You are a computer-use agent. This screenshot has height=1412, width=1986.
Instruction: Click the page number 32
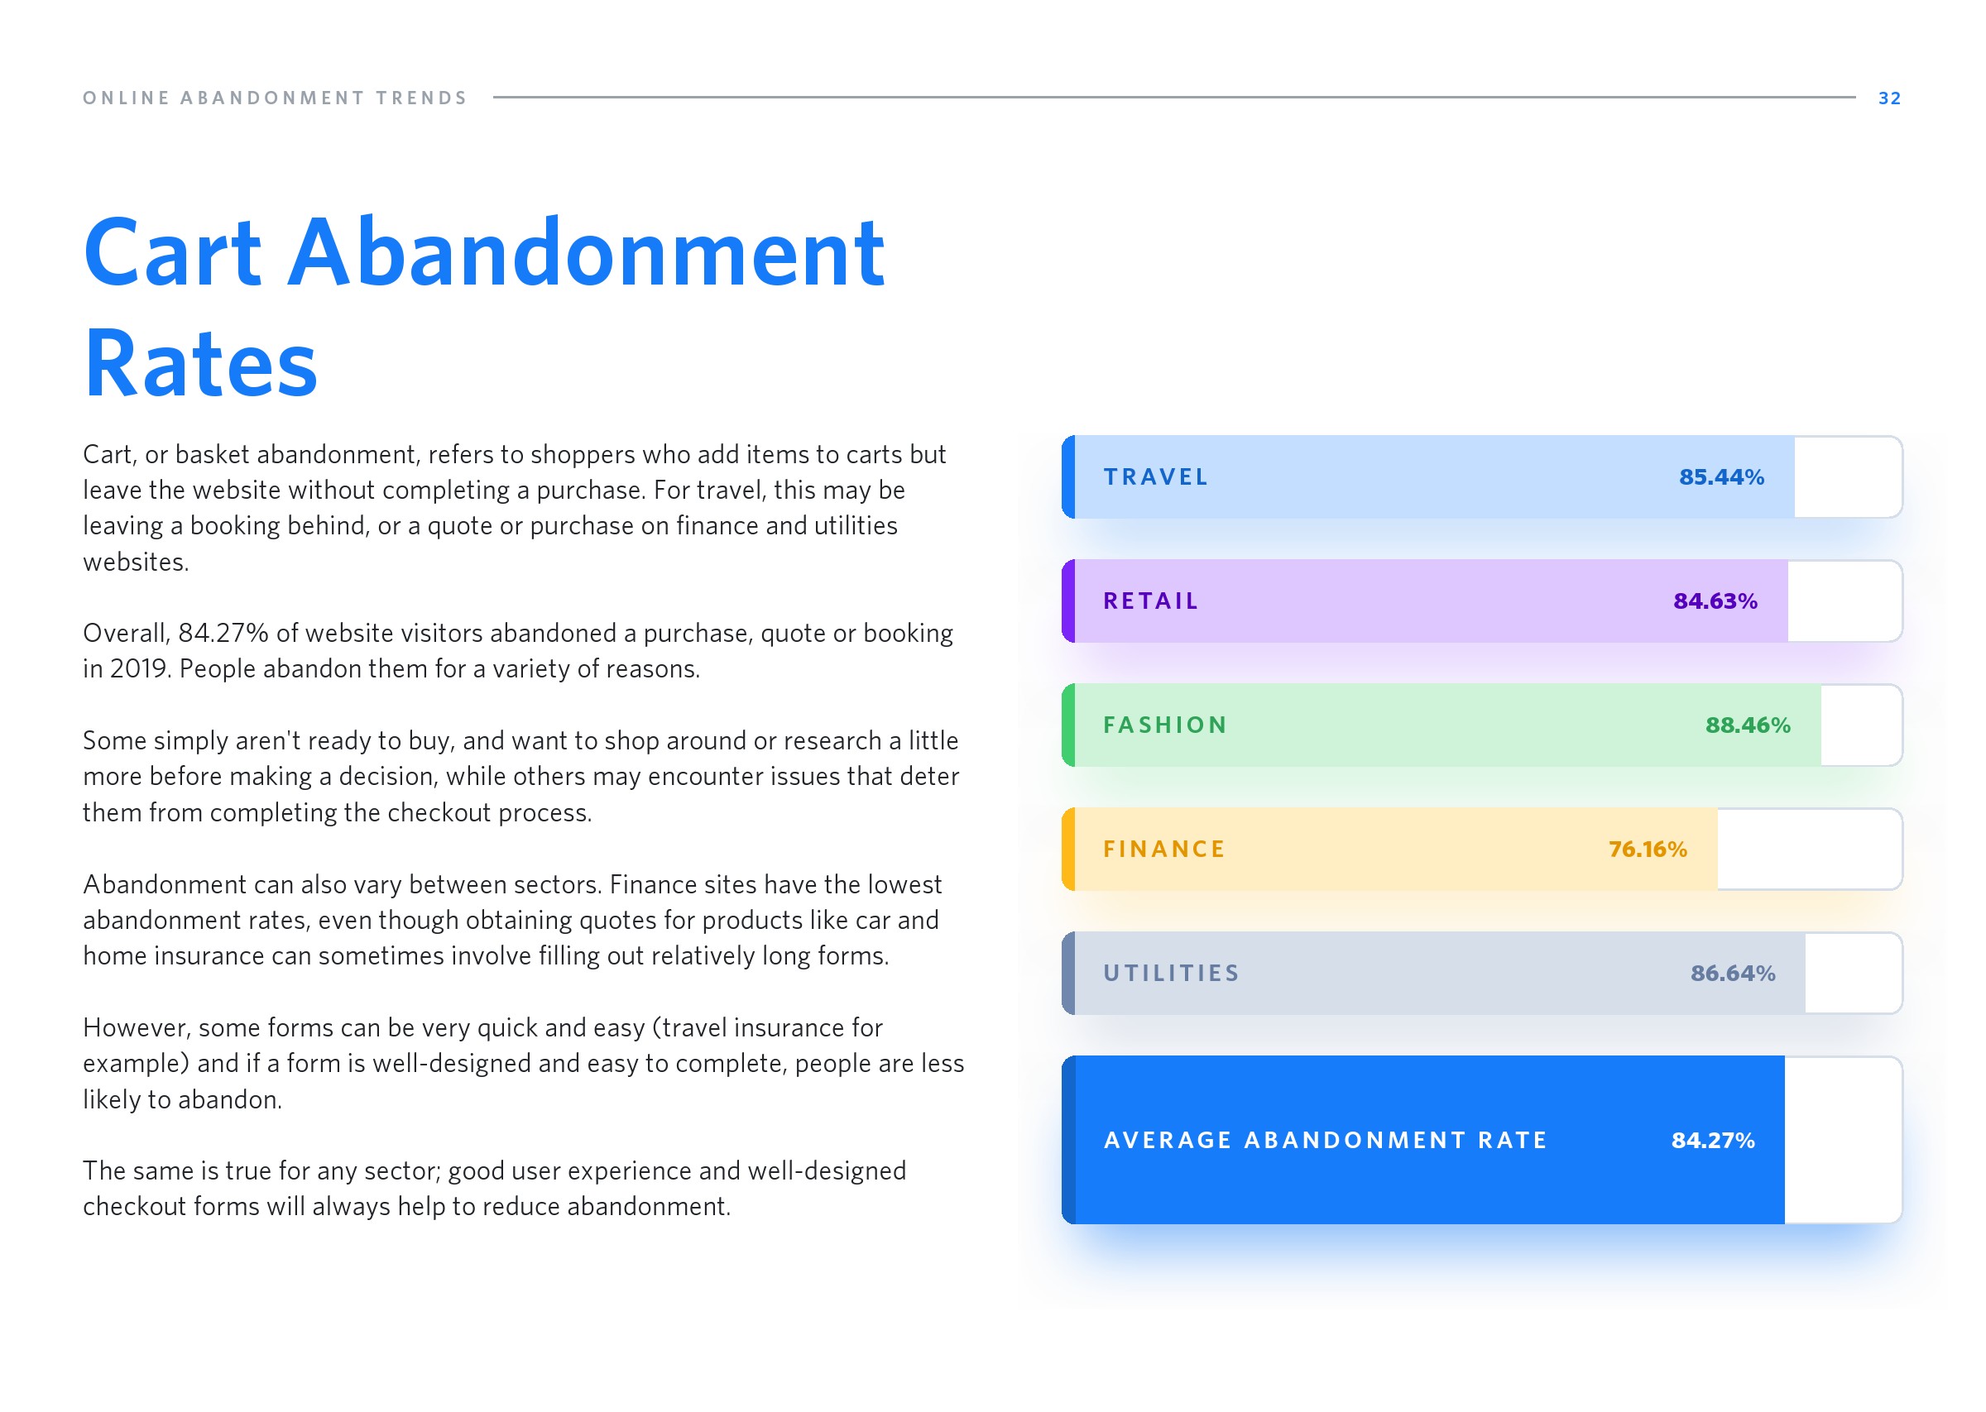point(1888,98)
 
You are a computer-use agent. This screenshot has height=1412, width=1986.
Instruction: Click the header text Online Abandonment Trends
point(276,98)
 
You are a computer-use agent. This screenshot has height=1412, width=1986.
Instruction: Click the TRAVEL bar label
point(1155,476)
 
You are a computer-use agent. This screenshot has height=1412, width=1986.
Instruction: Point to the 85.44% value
point(1721,476)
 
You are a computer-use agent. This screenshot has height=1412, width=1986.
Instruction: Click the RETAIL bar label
point(1150,601)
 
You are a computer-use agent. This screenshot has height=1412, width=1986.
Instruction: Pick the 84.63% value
point(1715,601)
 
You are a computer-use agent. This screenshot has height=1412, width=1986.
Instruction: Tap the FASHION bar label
point(1165,725)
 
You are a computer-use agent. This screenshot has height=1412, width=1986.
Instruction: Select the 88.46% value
point(1748,725)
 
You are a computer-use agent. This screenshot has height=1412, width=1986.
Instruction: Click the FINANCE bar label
point(1164,849)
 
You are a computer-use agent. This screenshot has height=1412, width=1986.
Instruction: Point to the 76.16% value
point(1647,849)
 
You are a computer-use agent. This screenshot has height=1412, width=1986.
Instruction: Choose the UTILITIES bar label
point(1171,973)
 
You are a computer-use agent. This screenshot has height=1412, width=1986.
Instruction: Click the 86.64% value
point(1732,973)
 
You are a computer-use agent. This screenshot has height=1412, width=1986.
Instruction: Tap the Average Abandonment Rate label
point(1325,1140)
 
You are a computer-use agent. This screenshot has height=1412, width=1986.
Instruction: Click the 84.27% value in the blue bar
point(1712,1140)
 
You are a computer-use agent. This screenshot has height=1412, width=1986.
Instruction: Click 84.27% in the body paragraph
point(223,633)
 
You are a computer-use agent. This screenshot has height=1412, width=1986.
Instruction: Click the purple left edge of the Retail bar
point(1068,601)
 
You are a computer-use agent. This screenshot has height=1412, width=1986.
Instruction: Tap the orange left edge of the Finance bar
point(1068,849)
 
